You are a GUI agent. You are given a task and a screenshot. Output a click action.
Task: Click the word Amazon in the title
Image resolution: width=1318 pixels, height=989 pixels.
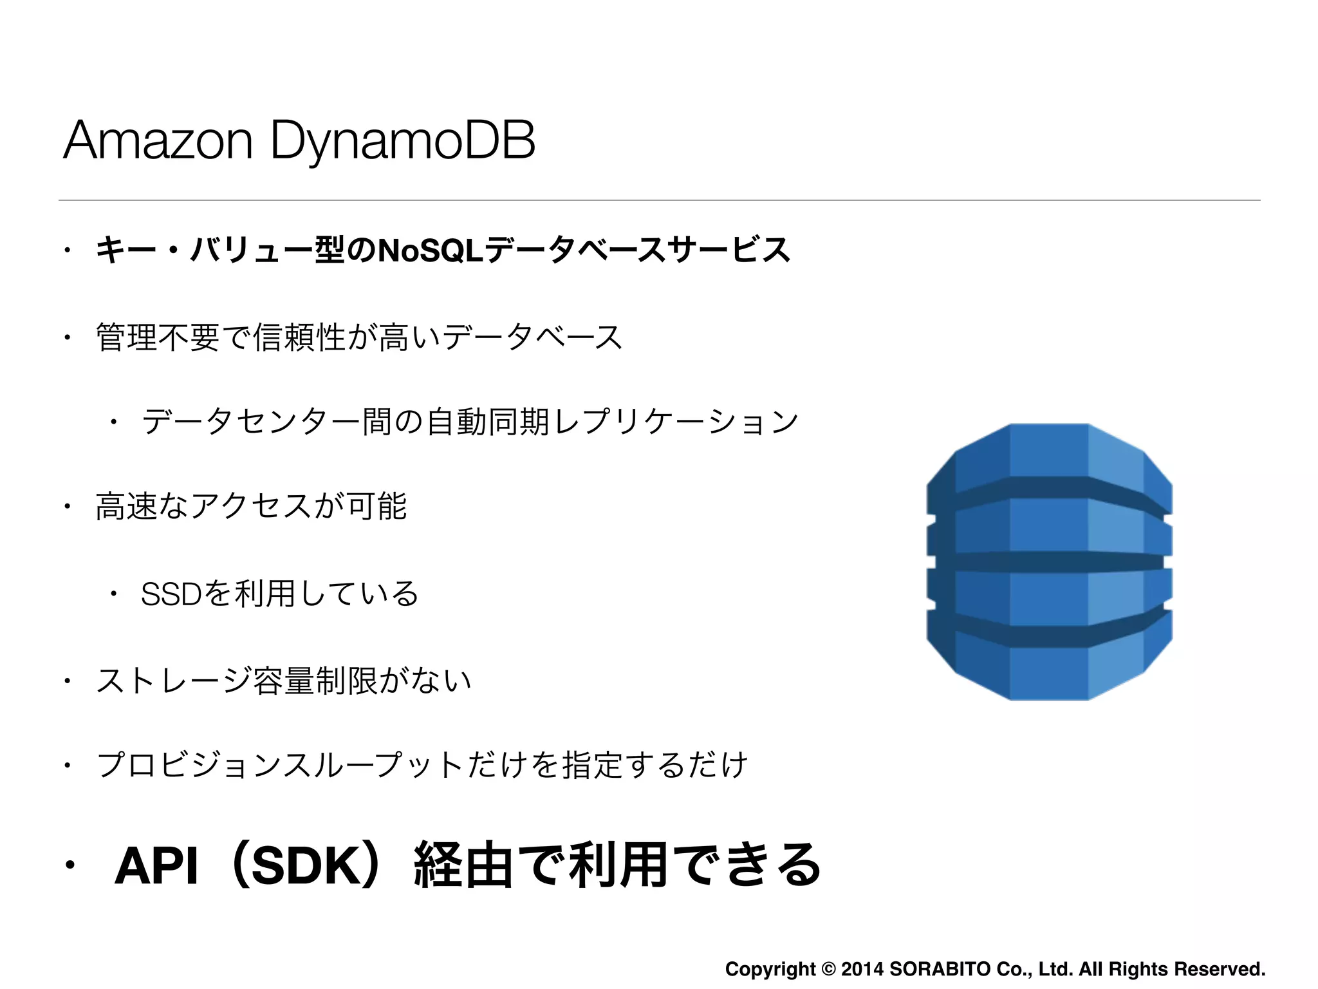pyautogui.click(x=158, y=140)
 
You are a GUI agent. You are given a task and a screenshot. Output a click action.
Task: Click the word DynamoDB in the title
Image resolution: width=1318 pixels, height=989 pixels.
pyautogui.click(x=403, y=140)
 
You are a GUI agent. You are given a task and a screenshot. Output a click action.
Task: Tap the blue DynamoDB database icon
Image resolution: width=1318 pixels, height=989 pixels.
pyautogui.click(x=1049, y=561)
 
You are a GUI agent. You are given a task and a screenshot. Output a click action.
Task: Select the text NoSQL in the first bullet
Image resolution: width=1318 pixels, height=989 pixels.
pyautogui.click(x=431, y=250)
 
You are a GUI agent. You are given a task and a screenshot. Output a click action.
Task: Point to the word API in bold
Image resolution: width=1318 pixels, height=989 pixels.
pyautogui.click(x=156, y=866)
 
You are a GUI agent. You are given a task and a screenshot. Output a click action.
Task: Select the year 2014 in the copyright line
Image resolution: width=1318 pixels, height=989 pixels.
pyautogui.click(x=862, y=969)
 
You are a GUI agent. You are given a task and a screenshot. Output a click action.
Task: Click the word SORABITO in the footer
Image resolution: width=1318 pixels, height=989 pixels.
pyautogui.click(x=940, y=969)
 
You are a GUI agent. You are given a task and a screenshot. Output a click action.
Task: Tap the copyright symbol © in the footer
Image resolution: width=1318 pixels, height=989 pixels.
pyautogui.click(x=829, y=969)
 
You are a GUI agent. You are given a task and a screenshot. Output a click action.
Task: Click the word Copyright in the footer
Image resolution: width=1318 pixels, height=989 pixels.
pyautogui.click(x=770, y=969)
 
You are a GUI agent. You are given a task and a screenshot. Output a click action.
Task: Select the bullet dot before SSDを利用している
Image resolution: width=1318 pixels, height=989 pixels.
pyautogui.click(x=113, y=594)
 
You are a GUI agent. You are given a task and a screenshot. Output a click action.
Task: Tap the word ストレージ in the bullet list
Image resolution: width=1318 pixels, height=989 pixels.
pyautogui.click(x=174, y=681)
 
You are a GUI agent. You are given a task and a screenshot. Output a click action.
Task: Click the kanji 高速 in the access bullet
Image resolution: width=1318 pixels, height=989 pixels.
pyautogui.click(x=126, y=506)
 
